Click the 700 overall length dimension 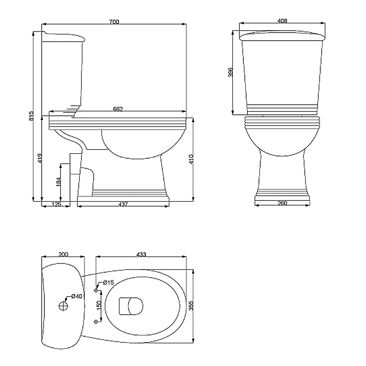(x=114, y=22)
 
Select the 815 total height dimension (x=32, y=116)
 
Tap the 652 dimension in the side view (x=118, y=109)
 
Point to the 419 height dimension (x=40, y=158)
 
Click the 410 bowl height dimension (x=191, y=159)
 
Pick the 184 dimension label (x=59, y=181)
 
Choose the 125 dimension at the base (x=56, y=204)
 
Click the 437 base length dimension (x=123, y=204)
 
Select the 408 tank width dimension (x=282, y=21)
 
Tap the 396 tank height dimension (x=231, y=72)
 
